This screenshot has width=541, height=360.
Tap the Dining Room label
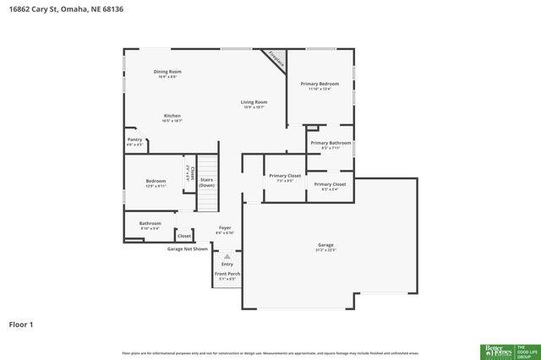tap(167, 72)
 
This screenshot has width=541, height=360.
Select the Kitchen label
tap(172, 116)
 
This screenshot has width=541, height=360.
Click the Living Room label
tap(254, 101)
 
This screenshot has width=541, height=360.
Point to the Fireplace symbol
tap(276, 59)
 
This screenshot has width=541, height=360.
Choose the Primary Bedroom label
tap(320, 84)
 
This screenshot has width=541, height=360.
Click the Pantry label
tap(134, 139)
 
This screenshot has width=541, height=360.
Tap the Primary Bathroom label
tap(330, 144)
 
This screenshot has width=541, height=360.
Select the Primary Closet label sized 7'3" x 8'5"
tap(285, 176)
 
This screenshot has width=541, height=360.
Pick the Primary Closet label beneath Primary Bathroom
tap(330, 184)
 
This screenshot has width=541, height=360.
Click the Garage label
tap(325, 245)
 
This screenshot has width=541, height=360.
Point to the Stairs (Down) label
tap(207, 183)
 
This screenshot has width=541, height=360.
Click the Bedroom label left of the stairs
tap(156, 181)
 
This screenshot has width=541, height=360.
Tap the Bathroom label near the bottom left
tap(150, 224)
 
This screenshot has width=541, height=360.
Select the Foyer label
tap(225, 227)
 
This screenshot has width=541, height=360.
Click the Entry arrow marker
tap(227, 257)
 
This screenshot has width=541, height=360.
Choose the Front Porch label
tap(227, 274)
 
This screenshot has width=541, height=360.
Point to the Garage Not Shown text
tap(187, 249)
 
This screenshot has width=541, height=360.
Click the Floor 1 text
tap(21, 324)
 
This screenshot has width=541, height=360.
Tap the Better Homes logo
tap(497, 351)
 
